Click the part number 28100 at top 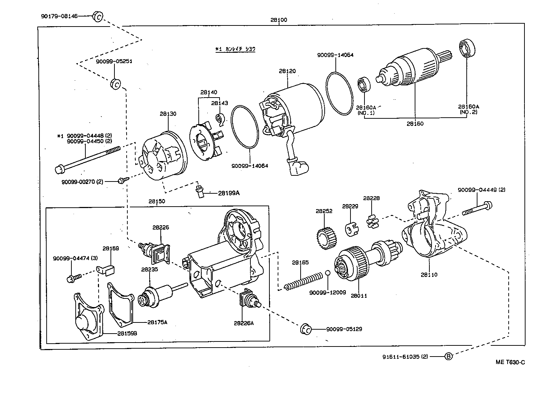pyautogui.click(x=278, y=20)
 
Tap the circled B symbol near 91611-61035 pyautogui.click(x=448, y=356)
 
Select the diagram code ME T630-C pyautogui.click(x=510, y=362)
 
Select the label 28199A pyautogui.click(x=229, y=193)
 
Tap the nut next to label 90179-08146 pyautogui.click(x=98, y=16)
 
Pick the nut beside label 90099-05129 pyautogui.click(x=306, y=329)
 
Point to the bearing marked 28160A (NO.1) pyautogui.click(x=365, y=85)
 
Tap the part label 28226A pyautogui.click(x=244, y=323)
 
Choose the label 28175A pyautogui.click(x=157, y=322)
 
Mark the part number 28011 pyautogui.click(x=359, y=296)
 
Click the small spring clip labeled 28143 pyautogui.click(x=220, y=119)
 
